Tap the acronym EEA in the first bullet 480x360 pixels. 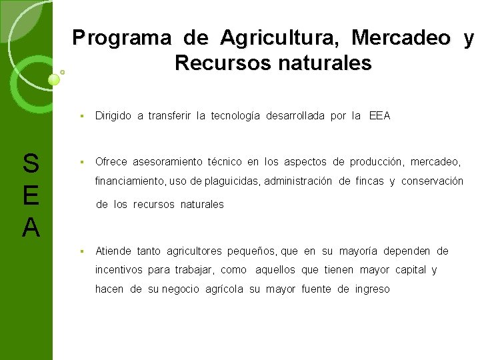(x=379, y=116)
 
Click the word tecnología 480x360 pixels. (x=235, y=116)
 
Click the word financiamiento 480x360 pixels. (x=130, y=181)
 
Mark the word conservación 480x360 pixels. (x=432, y=181)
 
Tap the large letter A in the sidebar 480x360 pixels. (x=31, y=228)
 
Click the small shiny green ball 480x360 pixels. (x=55, y=79)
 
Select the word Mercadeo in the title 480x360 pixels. (x=401, y=38)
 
